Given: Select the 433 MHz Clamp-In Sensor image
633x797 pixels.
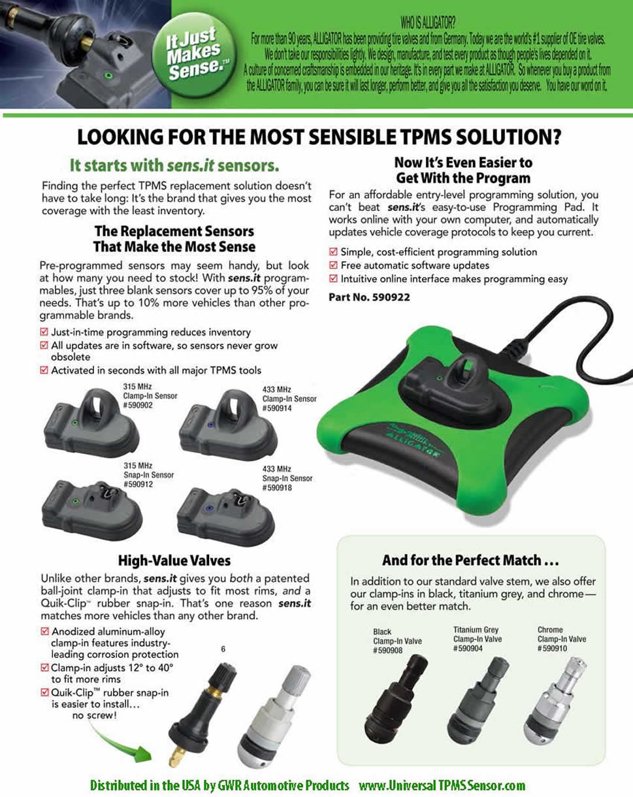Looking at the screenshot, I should click(x=223, y=424).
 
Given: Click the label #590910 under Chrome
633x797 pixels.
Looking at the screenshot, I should click(x=553, y=648).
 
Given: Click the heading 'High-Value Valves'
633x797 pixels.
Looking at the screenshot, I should click(x=174, y=561).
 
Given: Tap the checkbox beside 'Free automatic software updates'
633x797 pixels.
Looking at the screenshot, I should click(x=334, y=266).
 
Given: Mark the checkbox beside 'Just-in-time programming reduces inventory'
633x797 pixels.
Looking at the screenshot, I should click(x=44, y=332).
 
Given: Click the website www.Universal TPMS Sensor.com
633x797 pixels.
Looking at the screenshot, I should click(x=442, y=785).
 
